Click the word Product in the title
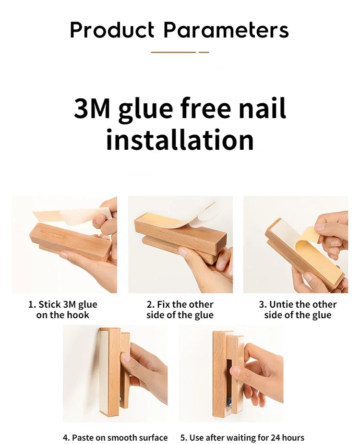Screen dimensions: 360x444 click(112, 30)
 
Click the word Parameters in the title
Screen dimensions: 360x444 click(226, 30)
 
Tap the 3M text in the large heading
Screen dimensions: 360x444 click(92, 108)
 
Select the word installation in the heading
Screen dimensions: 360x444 click(180, 140)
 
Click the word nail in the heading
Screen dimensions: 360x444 click(262, 108)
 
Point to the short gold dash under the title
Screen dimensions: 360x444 click(204, 52)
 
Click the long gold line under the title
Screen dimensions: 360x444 click(173, 52)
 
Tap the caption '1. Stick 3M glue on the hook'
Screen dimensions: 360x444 click(62, 310)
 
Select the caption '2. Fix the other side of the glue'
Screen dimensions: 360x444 click(180, 310)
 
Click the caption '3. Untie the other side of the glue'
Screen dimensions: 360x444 click(298, 310)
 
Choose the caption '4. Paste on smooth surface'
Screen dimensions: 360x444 click(115, 437)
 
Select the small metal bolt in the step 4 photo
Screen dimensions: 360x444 click(121, 400)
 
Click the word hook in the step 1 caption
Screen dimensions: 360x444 click(78, 315)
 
